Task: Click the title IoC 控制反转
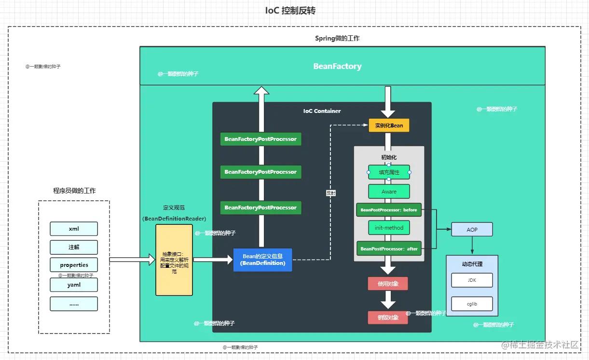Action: [290, 11]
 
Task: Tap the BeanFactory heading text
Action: [337, 66]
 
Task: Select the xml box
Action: [74, 229]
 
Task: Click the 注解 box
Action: [74, 247]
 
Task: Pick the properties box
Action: [74, 265]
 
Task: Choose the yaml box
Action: [74, 285]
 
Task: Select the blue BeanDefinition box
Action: [263, 260]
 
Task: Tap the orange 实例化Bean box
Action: [389, 125]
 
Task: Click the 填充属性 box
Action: [389, 172]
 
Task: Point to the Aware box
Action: [389, 192]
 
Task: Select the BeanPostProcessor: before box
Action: [389, 210]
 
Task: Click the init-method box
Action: [389, 228]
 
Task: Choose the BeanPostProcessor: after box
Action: [389, 249]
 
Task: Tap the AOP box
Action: [472, 229]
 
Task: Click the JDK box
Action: [472, 280]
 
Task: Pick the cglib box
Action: [472, 304]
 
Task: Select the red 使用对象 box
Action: [388, 284]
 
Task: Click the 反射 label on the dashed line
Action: [331, 193]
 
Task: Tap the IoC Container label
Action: [322, 111]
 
